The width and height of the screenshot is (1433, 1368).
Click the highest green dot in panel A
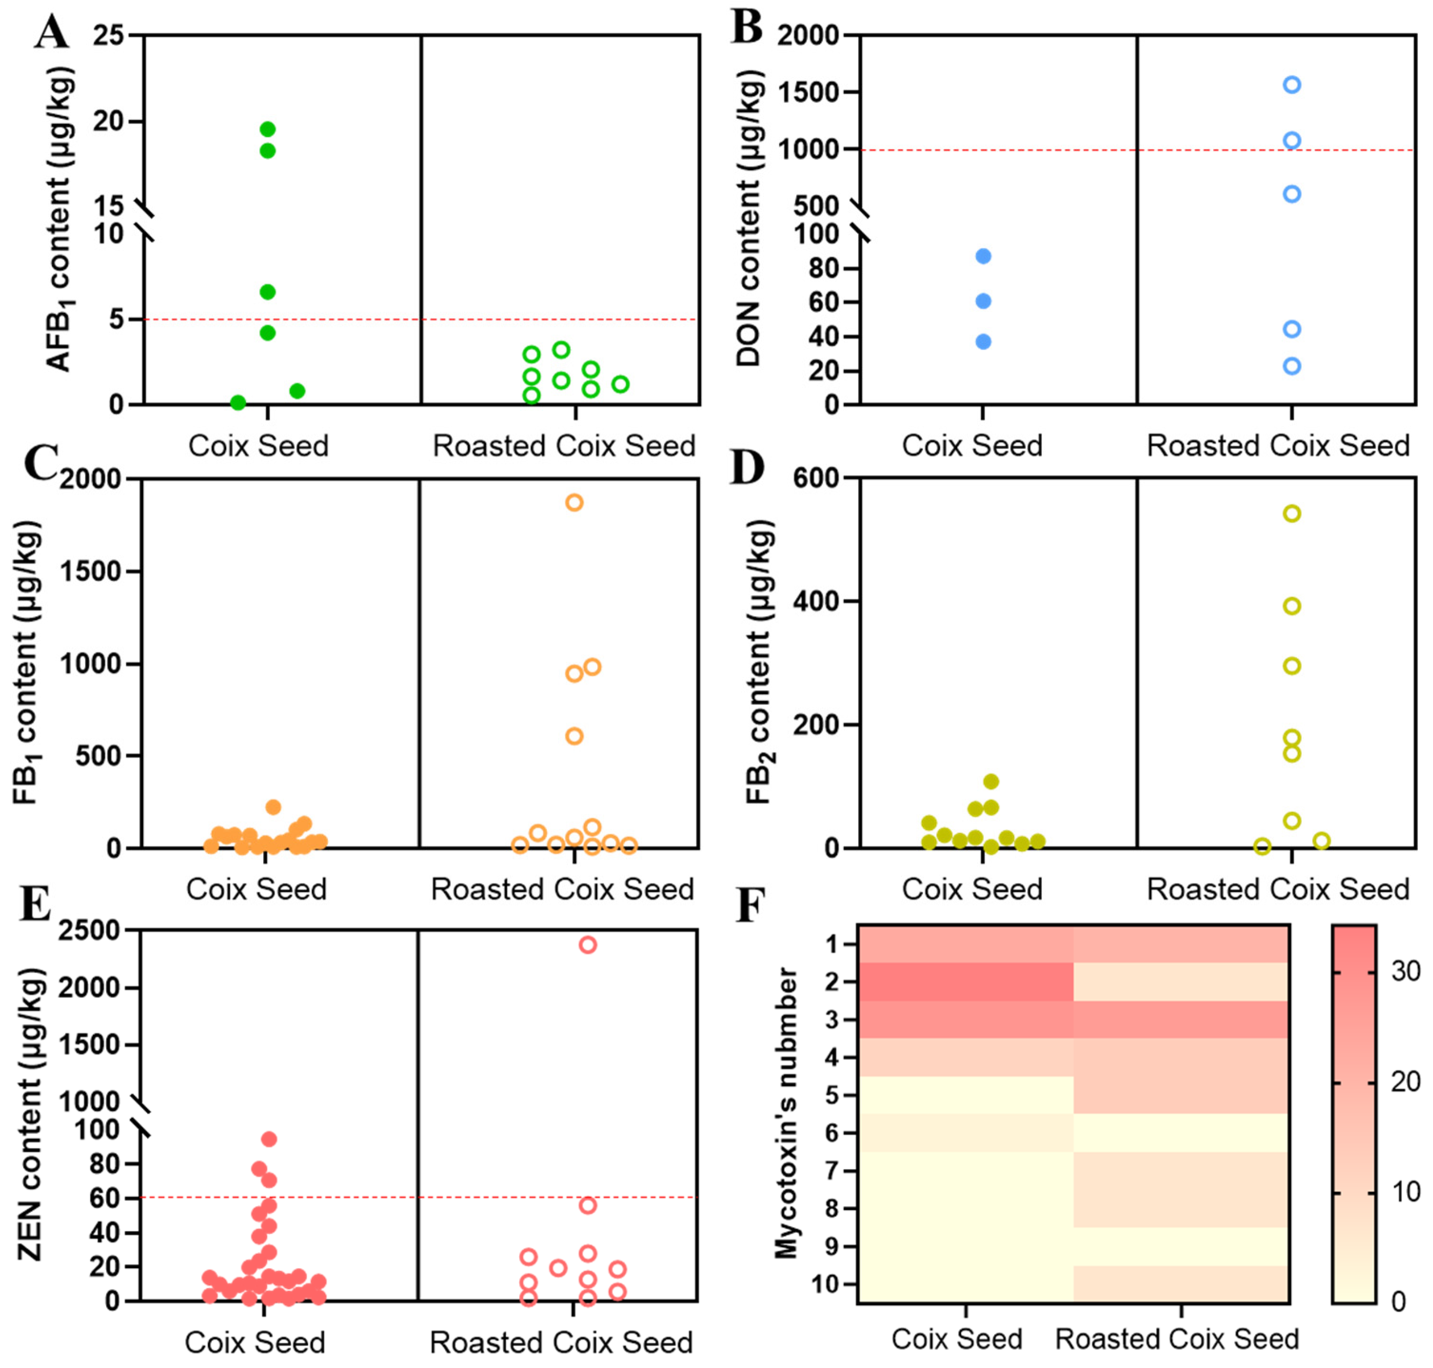(268, 129)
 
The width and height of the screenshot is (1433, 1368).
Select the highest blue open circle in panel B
(1292, 85)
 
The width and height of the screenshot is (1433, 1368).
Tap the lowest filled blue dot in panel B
(983, 341)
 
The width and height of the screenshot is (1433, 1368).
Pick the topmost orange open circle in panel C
(574, 502)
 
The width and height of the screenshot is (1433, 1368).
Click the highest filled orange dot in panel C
(274, 807)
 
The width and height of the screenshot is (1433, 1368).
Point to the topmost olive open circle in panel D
(1292, 513)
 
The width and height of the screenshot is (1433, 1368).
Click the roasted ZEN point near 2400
(587, 945)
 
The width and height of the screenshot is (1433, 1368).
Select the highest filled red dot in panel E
(268, 1139)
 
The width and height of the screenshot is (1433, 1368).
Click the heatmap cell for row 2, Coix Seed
(965, 981)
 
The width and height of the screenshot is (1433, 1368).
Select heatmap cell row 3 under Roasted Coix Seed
(1181, 1019)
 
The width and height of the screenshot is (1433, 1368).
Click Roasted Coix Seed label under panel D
(1277, 889)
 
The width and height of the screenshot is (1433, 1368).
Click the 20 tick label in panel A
(108, 121)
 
